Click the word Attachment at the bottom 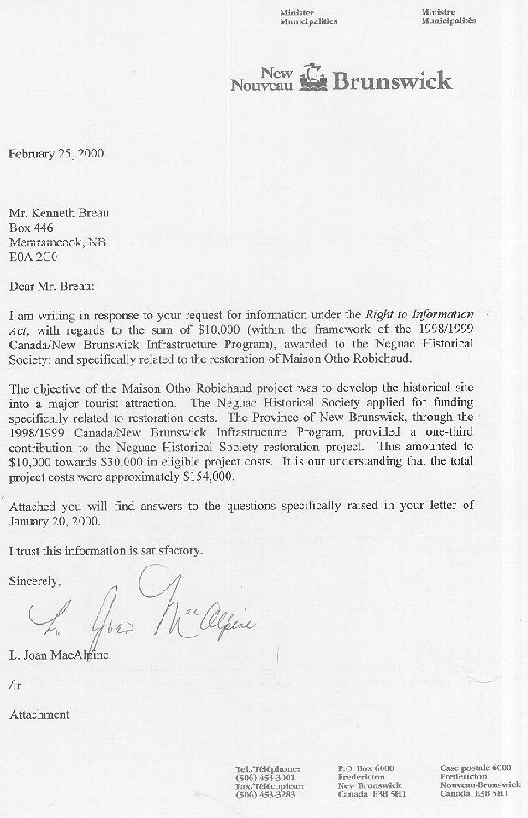tap(39, 714)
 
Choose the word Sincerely tap(34, 581)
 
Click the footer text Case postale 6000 tap(475, 768)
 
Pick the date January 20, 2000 tap(53, 519)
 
